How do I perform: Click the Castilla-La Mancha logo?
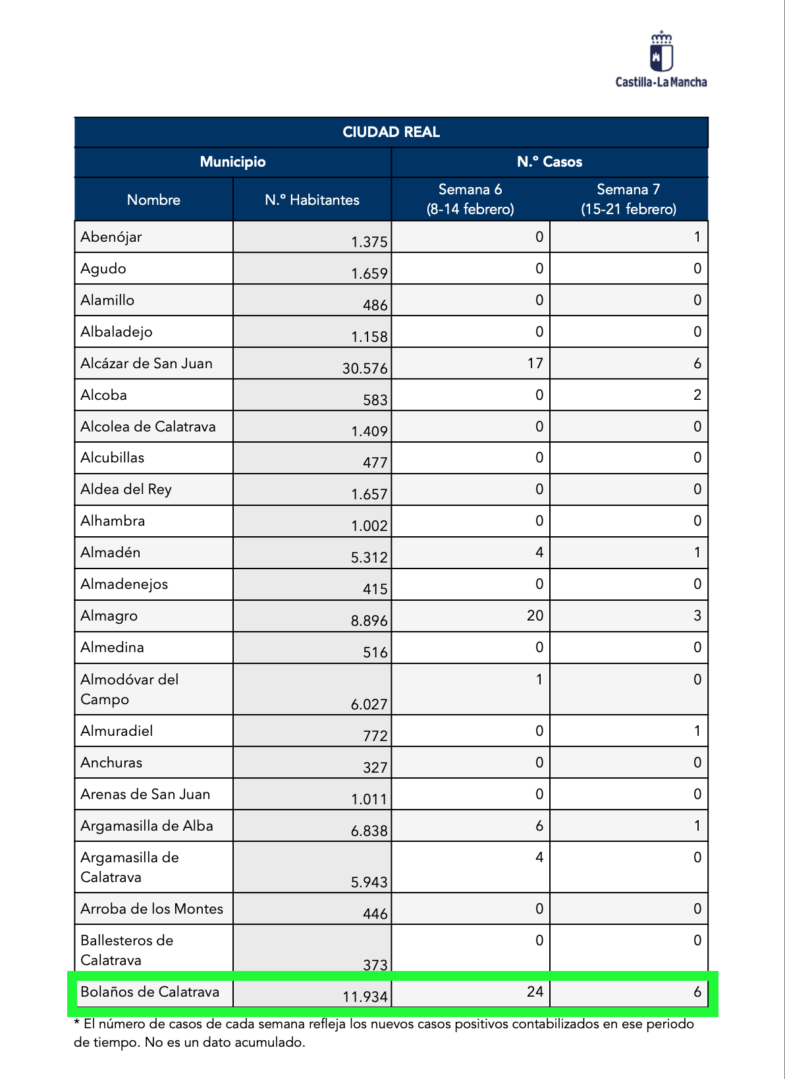pyautogui.click(x=661, y=59)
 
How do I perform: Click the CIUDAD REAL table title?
pyautogui.click(x=391, y=132)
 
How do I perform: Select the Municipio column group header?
pyautogui.click(x=232, y=162)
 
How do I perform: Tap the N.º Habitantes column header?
pyautogui.click(x=312, y=200)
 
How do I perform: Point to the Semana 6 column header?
pyautogui.click(x=470, y=199)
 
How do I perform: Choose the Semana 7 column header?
pyautogui.click(x=628, y=199)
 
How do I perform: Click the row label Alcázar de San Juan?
pyautogui.click(x=146, y=364)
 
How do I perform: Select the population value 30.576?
pyautogui.click(x=365, y=368)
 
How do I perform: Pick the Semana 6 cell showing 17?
pyautogui.click(x=535, y=364)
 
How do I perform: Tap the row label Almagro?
pyautogui.click(x=109, y=616)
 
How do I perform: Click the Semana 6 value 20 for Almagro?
pyautogui.click(x=535, y=616)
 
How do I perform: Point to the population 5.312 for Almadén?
pyautogui.click(x=369, y=558)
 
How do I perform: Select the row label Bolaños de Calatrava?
pyautogui.click(x=149, y=992)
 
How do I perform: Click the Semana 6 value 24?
pyautogui.click(x=535, y=992)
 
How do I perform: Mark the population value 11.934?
pyautogui.click(x=365, y=997)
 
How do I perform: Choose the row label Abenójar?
pyautogui.click(x=111, y=237)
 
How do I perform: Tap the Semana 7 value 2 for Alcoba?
pyautogui.click(x=697, y=395)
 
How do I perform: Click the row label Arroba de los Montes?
pyautogui.click(x=151, y=909)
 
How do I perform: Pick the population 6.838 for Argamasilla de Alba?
pyautogui.click(x=369, y=831)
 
